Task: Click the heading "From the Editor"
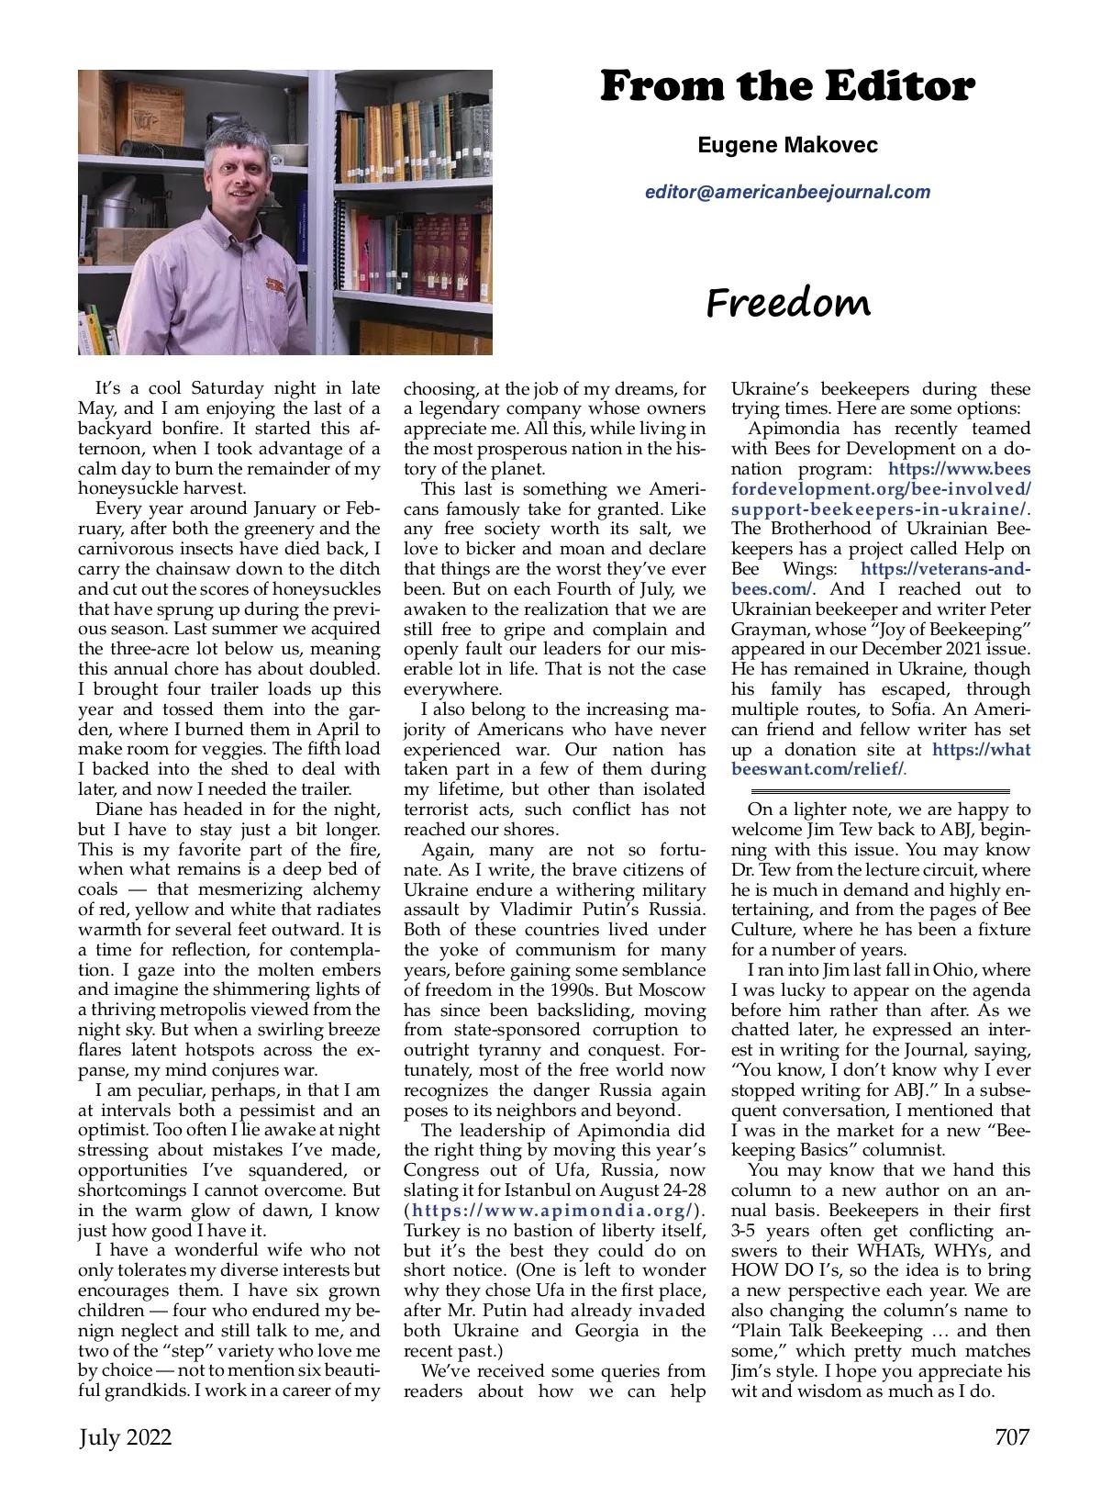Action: click(787, 86)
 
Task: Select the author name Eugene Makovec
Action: click(787, 145)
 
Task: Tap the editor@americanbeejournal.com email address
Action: click(787, 192)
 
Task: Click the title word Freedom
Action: click(788, 303)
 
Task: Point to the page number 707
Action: click(1012, 1436)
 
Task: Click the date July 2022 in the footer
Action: click(125, 1436)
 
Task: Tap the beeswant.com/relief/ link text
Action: click(817, 769)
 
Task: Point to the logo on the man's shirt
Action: click(274, 285)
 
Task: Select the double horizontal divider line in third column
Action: click(880, 790)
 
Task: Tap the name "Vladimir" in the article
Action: click(539, 910)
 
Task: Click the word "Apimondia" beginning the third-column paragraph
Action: click(794, 429)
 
